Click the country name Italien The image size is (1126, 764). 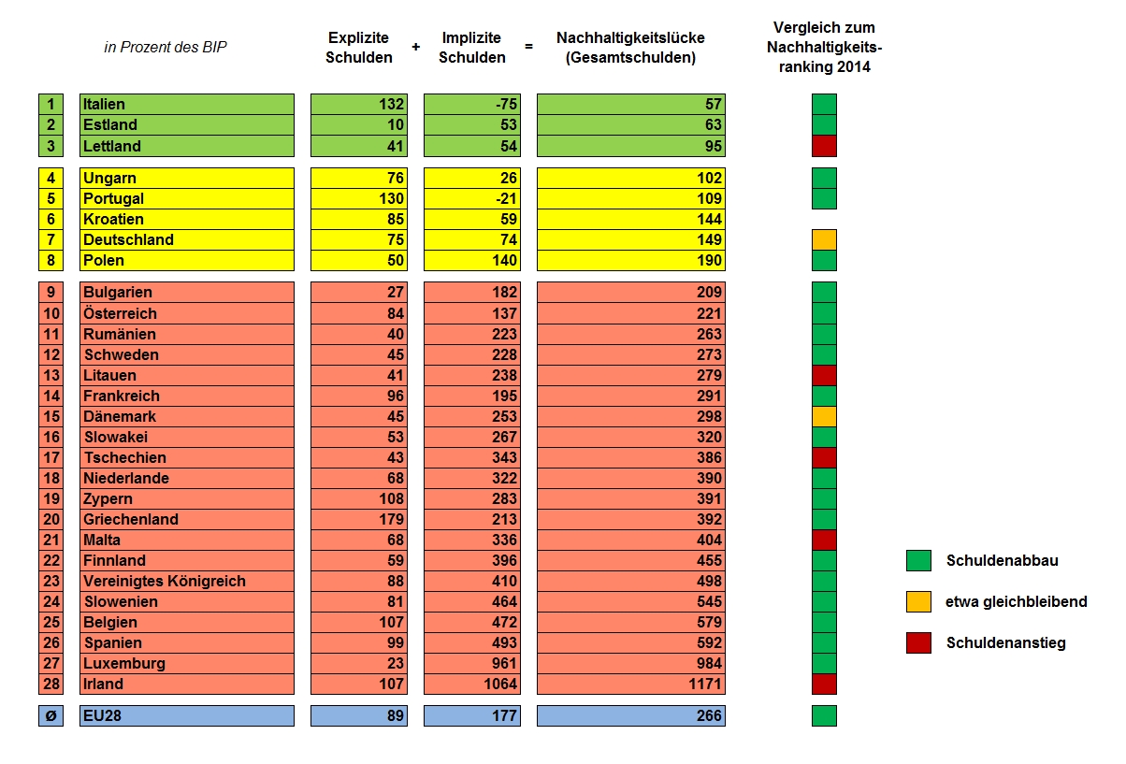click(104, 104)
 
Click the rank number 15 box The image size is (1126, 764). click(51, 416)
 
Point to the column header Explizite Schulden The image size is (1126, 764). click(359, 48)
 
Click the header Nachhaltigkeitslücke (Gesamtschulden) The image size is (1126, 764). click(630, 48)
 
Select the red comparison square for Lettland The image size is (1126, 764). click(824, 146)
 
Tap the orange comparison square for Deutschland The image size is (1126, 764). click(824, 239)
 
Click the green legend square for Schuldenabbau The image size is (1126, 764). click(918, 560)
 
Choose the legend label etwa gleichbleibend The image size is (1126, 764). click(1017, 601)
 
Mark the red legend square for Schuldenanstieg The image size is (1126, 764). click(918, 642)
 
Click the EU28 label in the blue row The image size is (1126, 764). click(103, 715)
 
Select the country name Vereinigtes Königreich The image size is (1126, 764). click(165, 581)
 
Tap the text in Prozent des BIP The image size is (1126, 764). click(166, 47)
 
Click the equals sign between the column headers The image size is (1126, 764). click(529, 47)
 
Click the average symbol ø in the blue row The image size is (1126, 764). click(51, 715)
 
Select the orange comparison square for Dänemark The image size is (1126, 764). click(824, 416)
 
